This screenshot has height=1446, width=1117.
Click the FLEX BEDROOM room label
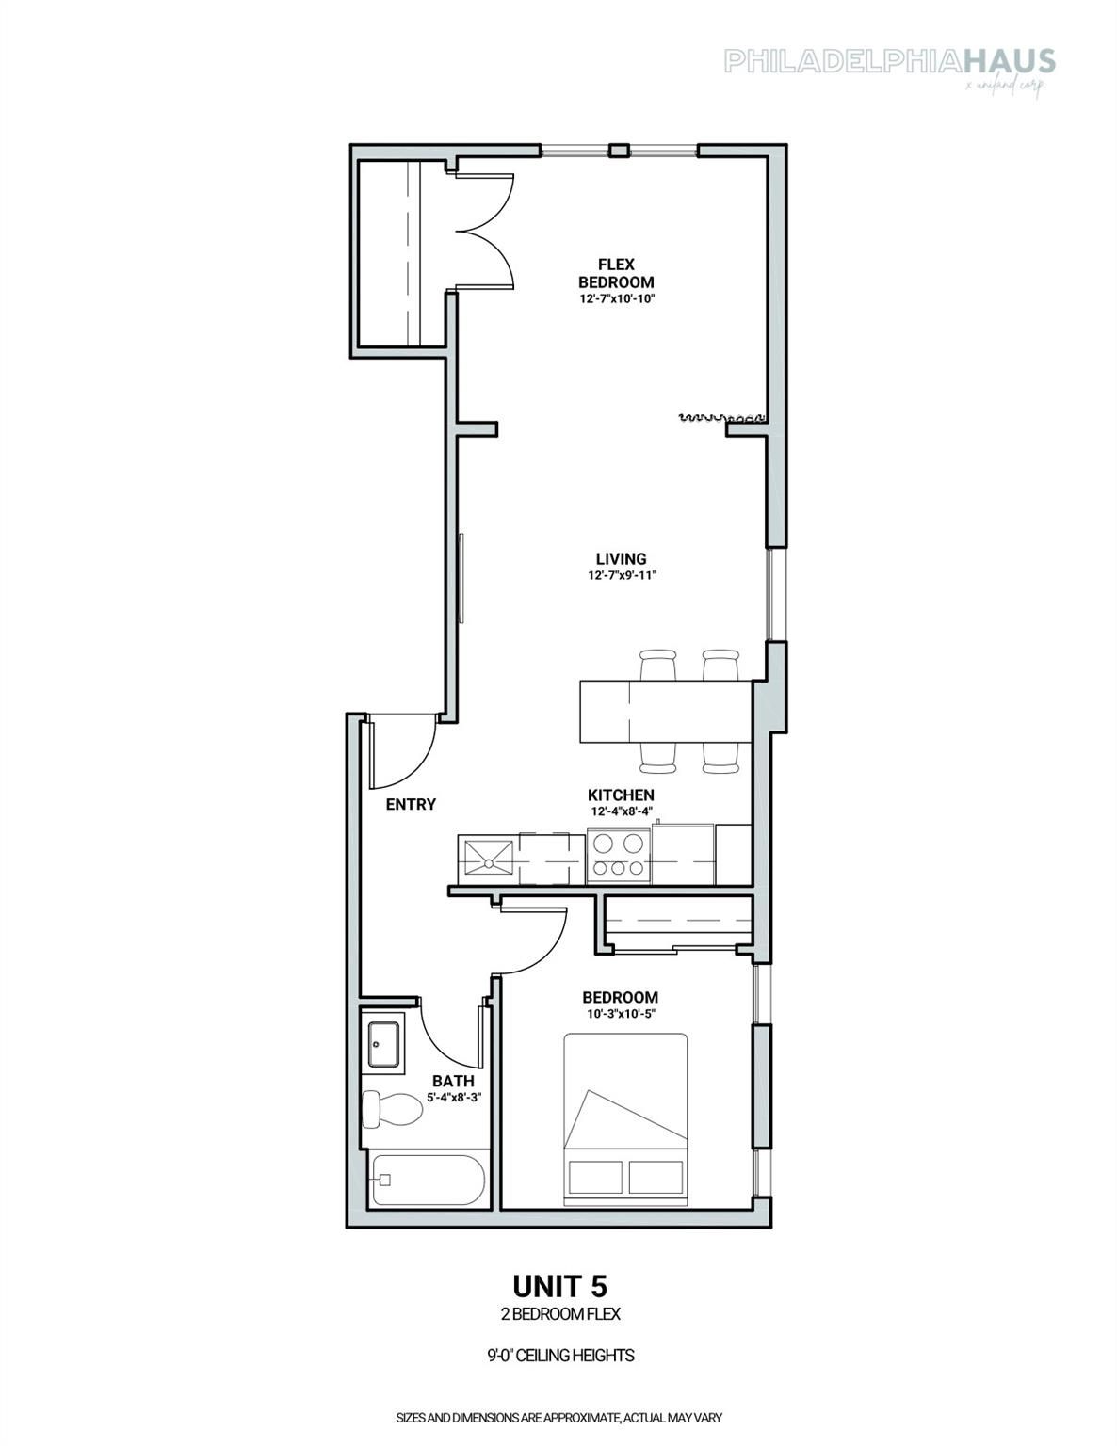tap(616, 273)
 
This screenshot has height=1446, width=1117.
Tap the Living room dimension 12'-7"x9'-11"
tap(620, 575)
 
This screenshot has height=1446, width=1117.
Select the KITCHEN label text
tap(621, 795)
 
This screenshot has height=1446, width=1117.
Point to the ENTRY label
tap(411, 804)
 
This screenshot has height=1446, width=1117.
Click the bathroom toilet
tap(392, 1109)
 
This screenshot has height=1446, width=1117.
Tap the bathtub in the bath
tap(429, 1181)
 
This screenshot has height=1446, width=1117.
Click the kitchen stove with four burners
tap(618, 855)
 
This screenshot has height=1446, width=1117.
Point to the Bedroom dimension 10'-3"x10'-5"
tap(620, 1014)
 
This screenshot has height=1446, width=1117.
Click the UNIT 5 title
tap(559, 1285)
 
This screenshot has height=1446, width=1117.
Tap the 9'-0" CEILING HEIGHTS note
tap(559, 1356)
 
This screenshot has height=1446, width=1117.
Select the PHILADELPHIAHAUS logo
tap(889, 62)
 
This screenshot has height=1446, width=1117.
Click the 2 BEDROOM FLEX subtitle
tap(559, 1314)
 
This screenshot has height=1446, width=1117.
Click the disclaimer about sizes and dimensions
tap(559, 1416)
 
